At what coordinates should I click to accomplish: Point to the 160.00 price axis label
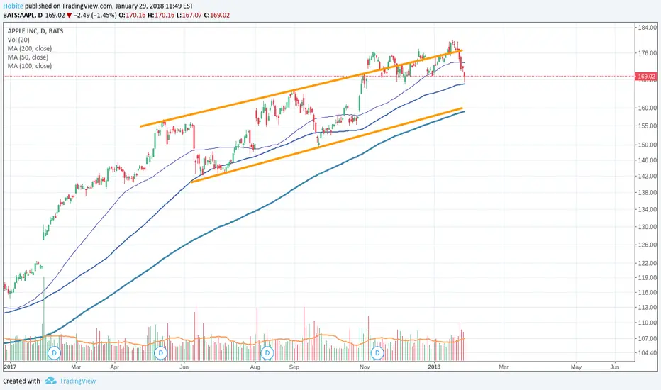[x=646, y=108]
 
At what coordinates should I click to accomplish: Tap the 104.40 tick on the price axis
[x=646, y=353]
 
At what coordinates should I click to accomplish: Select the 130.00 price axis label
[x=646, y=227]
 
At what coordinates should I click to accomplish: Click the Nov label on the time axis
[x=365, y=367]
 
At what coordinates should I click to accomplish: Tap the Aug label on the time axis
[x=257, y=367]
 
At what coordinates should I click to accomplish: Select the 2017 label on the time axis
[x=10, y=367]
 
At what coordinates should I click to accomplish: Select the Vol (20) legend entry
[x=18, y=39]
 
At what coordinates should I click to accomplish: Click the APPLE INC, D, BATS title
[x=35, y=30]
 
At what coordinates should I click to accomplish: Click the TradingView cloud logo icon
[x=50, y=381]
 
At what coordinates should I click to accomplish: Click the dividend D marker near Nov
[x=377, y=352]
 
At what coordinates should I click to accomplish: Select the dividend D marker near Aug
[x=267, y=352]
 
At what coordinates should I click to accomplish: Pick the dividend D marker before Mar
[x=54, y=352]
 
